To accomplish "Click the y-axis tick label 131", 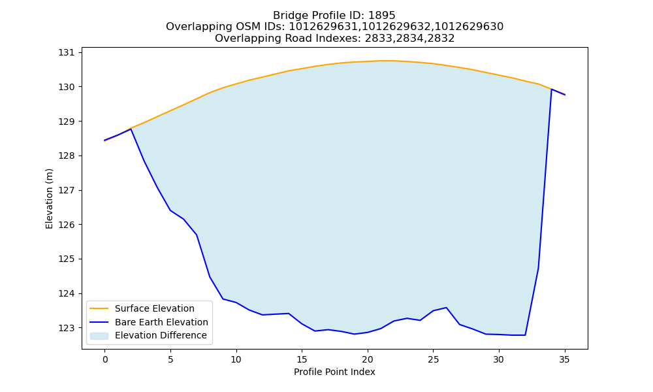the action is pyautogui.click(x=67, y=52).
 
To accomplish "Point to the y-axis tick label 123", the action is pyautogui.click(x=67, y=328).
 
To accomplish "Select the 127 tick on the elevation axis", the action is pyautogui.click(x=67, y=190).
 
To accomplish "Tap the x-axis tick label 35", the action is pyautogui.click(x=564, y=359).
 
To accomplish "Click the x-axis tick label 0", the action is pyautogui.click(x=105, y=359).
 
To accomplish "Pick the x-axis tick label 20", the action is pyautogui.click(x=367, y=359).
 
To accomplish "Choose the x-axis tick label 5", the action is pyautogui.click(x=170, y=359).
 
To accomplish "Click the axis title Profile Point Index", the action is pyautogui.click(x=334, y=372).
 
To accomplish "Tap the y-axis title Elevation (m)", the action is pyautogui.click(x=49, y=199).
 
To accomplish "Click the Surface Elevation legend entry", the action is pyautogui.click(x=155, y=308).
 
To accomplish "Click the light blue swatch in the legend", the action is pyautogui.click(x=99, y=336).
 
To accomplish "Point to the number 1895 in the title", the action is pyautogui.click(x=382, y=16).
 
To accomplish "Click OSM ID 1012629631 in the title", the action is pyautogui.click(x=322, y=27).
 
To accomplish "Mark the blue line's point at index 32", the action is pyautogui.click(x=525, y=335).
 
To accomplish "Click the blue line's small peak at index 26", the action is pyautogui.click(x=447, y=308).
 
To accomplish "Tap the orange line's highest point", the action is pyautogui.click(x=381, y=61).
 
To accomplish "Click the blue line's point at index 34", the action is pyautogui.click(x=551, y=89).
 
